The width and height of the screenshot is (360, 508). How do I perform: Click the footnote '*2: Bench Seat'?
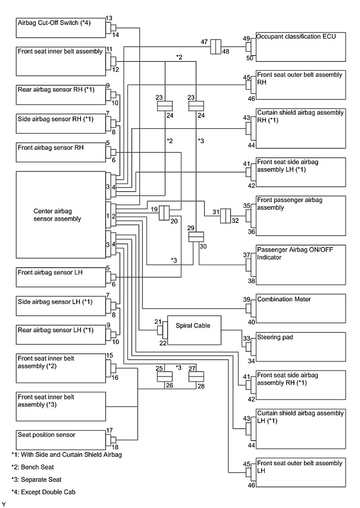[33, 467]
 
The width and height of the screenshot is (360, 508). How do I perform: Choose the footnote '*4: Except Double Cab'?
[43, 492]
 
